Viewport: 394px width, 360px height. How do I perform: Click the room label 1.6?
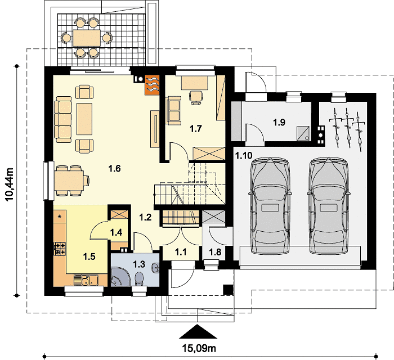(115, 168)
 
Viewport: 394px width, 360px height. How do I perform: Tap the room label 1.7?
(196, 129)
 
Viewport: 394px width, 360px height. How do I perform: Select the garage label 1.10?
(244, 155)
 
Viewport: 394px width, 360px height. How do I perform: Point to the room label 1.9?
(279, 122)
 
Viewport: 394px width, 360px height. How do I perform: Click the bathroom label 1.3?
(139, 264)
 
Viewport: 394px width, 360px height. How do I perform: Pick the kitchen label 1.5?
(89, 256)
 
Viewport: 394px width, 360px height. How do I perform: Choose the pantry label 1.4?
(116, 232)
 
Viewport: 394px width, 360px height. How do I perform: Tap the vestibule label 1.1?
(181, 252)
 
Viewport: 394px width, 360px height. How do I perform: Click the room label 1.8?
(216, 252)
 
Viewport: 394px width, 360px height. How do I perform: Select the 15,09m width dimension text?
(199, 348)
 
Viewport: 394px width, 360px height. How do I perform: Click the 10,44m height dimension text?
(10, 184)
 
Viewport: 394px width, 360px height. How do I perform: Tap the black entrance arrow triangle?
(198, 331)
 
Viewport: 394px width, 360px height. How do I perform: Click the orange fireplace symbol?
(152, 85)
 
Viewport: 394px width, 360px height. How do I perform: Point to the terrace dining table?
(87, 38)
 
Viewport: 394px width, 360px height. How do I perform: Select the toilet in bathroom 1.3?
(139, 279)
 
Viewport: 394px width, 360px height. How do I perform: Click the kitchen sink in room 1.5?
(86, 280)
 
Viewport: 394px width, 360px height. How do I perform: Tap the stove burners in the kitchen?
(60, 249)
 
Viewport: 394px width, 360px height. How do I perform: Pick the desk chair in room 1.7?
(196, 97)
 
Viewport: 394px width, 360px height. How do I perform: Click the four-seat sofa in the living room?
(63, 119)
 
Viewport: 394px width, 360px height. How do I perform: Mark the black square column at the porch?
(229, 290)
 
